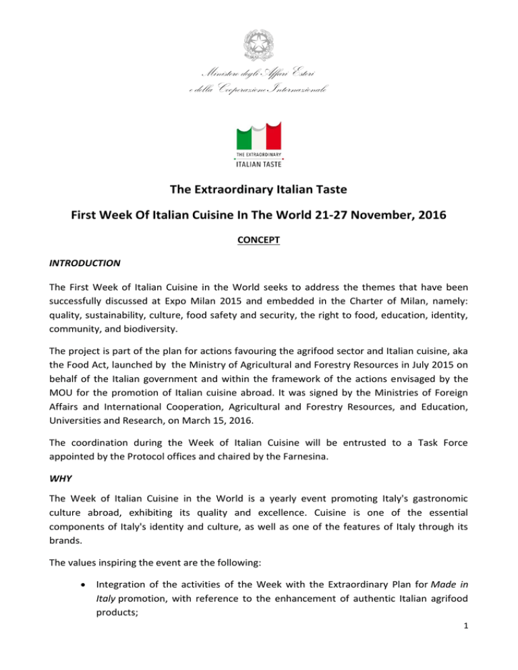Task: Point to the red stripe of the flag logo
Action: pos(273,137)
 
